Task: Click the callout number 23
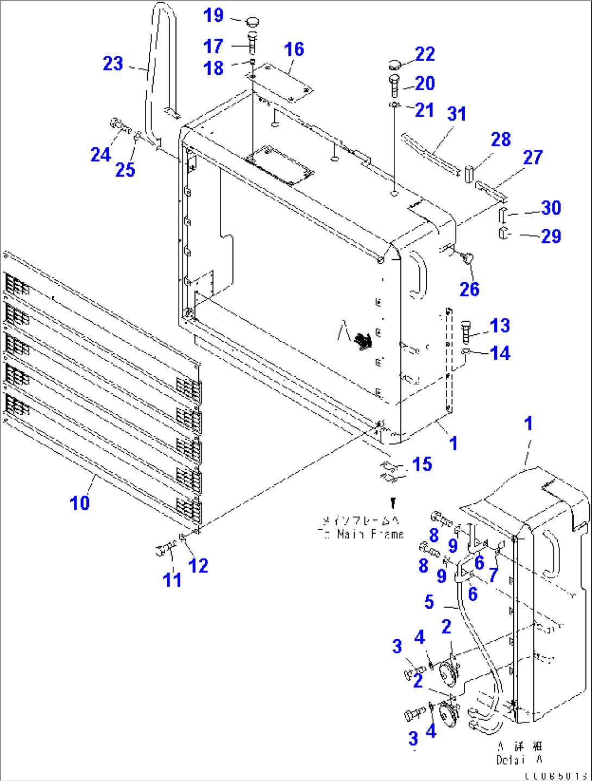pyautogui.click(x=113, y=64)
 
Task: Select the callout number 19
pyautogui.click(x=213, y=15)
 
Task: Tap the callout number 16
pyautogui.click(x=294, y=49)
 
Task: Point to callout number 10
pyautogui.click(x=80, y=503)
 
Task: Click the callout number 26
pyautogui.click(x=469, y=289)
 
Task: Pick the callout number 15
pyautogui.click(x=422, y=464)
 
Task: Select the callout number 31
pyautogui.click(x=457, y=114)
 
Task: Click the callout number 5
pyautogui.click(x=429, y=602)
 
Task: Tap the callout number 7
pyautogui.click(x=493, y=574)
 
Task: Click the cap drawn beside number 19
pyautogui.click(x=252, y=22)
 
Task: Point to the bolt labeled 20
pyautogui.click(x=395, y=84)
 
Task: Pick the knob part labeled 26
pyautogui.click(x=468, y=257)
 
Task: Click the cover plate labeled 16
pyautogui.click(x=280, y=83)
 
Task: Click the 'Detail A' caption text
pyautogui.click(x=519, y=760)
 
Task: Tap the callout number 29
pyautogui.click(x=551, y=236)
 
